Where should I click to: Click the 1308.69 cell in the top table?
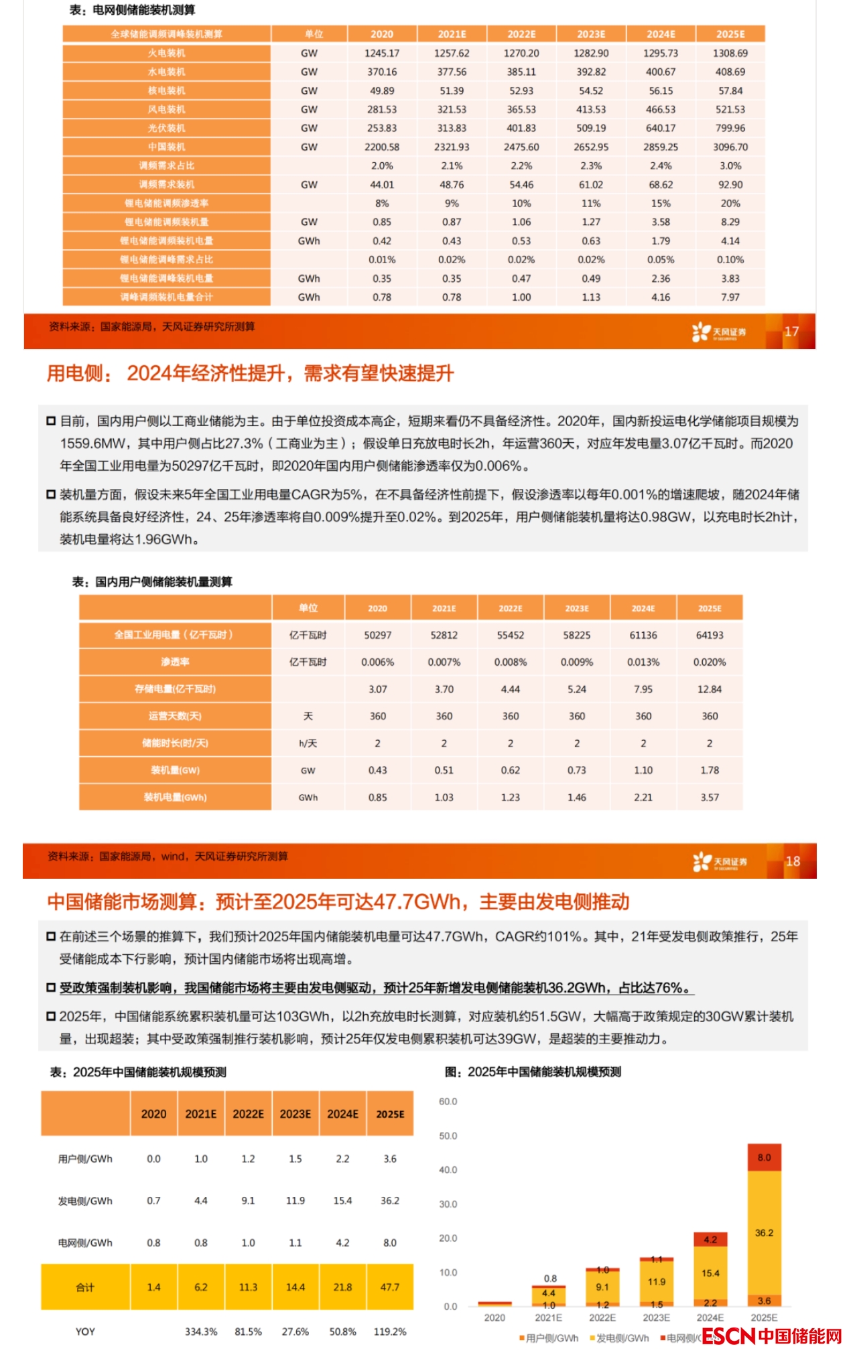[x=730, y=53]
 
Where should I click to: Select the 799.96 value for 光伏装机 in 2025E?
[x=730, y=128]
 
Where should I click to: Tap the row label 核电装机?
[x=167, y=90]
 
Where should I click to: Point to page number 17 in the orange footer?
[x=791, y=332]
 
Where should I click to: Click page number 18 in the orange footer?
[x=793, y=861]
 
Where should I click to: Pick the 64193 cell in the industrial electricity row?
[x=710, y=635]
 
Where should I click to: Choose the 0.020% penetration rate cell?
[x=710, y=662]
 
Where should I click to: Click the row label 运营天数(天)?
[x=175, y=716]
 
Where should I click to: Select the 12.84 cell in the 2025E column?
[x=710, y=689]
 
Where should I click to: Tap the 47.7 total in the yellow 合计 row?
[x=390, y=1287]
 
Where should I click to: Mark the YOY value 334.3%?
[x=201, y=1332]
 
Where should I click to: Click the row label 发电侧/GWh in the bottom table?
[x=85, y=1201]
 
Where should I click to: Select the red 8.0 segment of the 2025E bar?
[x=765, y=1157]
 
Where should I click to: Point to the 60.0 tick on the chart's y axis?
[x=448, y=1102]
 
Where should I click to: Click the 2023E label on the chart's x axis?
[x=656, y=1317]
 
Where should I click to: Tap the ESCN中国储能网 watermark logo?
[x=771, y=1336]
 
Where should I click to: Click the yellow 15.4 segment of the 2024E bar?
[x=710, y=1273]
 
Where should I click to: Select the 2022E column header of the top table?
[x=521, y=34]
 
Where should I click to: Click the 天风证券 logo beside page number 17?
[x=719, y=332]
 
